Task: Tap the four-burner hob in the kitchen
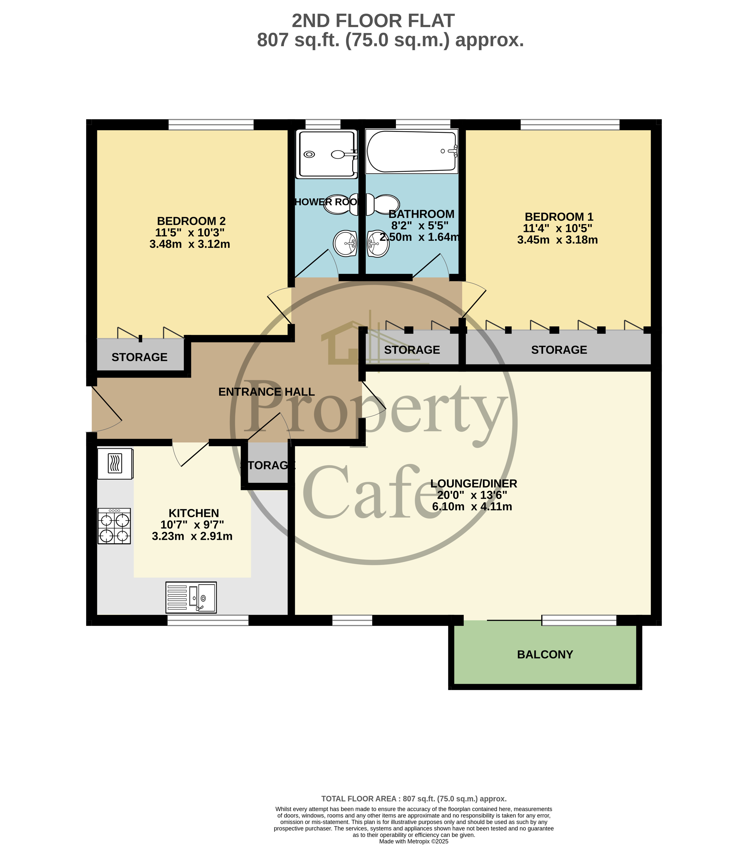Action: [114, 526]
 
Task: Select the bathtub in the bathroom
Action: [412, 151]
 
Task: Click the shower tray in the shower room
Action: [326, 154]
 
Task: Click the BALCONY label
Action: [545, 654]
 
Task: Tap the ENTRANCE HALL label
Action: [266, 391]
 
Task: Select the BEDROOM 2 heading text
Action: [191, 221]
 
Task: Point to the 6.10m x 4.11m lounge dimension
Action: [472, 506]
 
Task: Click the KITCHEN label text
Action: [194, 513]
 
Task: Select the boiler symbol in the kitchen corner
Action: [115, 463]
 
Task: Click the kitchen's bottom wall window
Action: [208, 620]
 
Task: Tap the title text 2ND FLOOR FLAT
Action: [373, 21]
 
